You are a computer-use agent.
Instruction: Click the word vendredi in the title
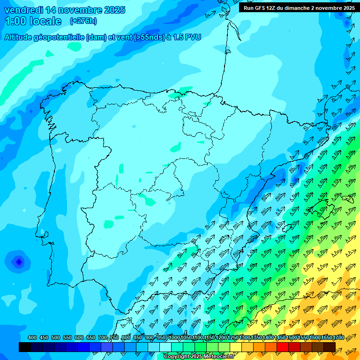coord(23,10)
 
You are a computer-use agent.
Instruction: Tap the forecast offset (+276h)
coord(84,21)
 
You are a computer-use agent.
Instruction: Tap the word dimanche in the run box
coord(293,8)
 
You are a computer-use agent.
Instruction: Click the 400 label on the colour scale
coord(32,338)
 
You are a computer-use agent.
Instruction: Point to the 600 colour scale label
coord(79,338)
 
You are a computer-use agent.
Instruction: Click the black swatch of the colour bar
coord(25,347)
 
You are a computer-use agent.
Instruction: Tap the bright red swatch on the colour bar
coord(283,347)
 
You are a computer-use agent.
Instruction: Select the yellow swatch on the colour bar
coord(236,347)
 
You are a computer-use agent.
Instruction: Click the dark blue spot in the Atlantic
coord(18,262)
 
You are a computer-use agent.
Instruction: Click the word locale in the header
coord(45,21)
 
